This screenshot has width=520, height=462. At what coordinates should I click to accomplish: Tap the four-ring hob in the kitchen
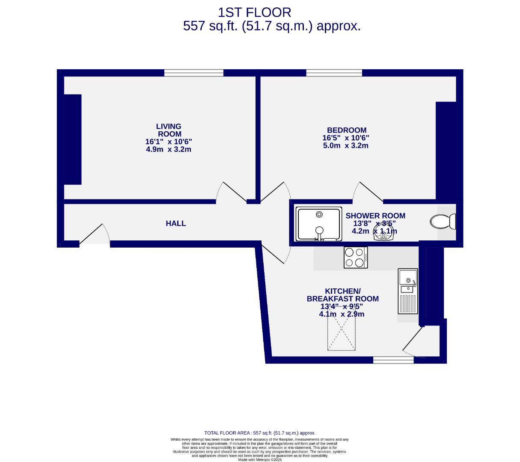[356, 258]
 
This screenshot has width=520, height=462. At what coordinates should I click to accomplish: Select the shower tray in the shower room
[318, 224]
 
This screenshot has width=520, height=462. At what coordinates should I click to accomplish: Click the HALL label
[176, 223]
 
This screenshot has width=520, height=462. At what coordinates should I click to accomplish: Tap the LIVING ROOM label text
[169, 130]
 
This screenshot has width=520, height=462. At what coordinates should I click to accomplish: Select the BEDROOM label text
[346, 130]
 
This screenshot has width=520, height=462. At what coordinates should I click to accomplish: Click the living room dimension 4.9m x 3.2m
[169, 150]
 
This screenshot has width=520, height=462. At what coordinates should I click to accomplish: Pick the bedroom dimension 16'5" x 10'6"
[346, 138]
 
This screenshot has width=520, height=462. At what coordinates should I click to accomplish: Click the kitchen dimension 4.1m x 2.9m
[342, 314]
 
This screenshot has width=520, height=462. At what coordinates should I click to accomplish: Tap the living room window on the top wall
[193, 73]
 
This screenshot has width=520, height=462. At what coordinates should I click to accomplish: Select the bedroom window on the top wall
[334, 73]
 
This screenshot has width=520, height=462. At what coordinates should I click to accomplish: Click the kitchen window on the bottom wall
[393, 360]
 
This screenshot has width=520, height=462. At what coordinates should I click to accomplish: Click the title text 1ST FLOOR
[255, 12]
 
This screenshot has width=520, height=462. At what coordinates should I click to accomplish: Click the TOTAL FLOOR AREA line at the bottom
[260, 433]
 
